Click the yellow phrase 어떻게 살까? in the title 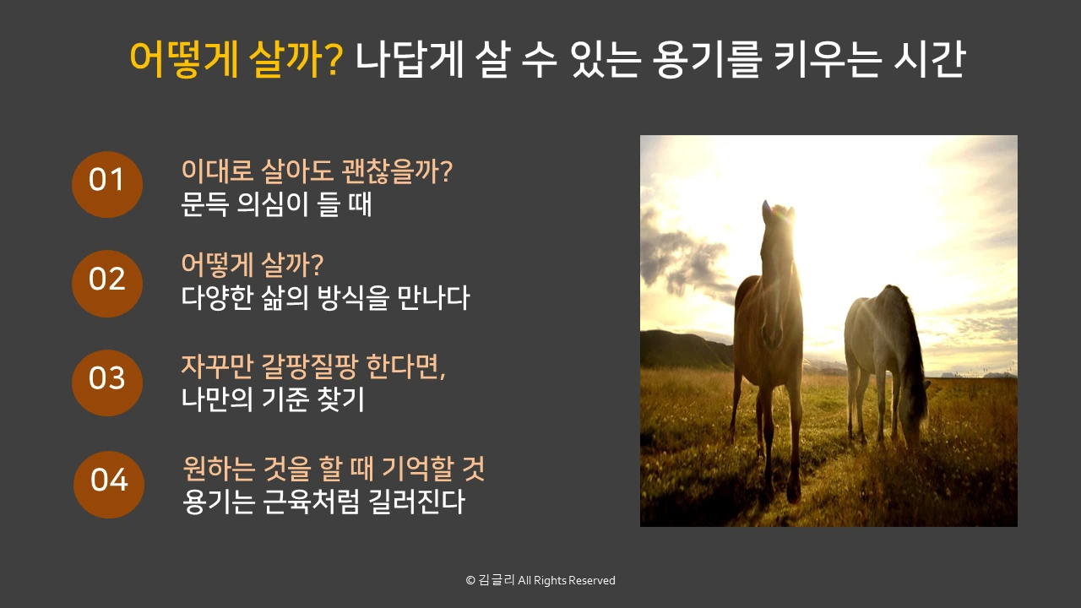236,59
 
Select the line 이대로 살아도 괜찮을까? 317,172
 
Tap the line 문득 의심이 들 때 276,204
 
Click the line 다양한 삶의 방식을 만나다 325,297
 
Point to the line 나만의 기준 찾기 273,399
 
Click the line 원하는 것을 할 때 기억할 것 334,469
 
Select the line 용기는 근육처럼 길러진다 323,502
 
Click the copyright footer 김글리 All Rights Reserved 540,581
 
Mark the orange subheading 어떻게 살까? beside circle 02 253,265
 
